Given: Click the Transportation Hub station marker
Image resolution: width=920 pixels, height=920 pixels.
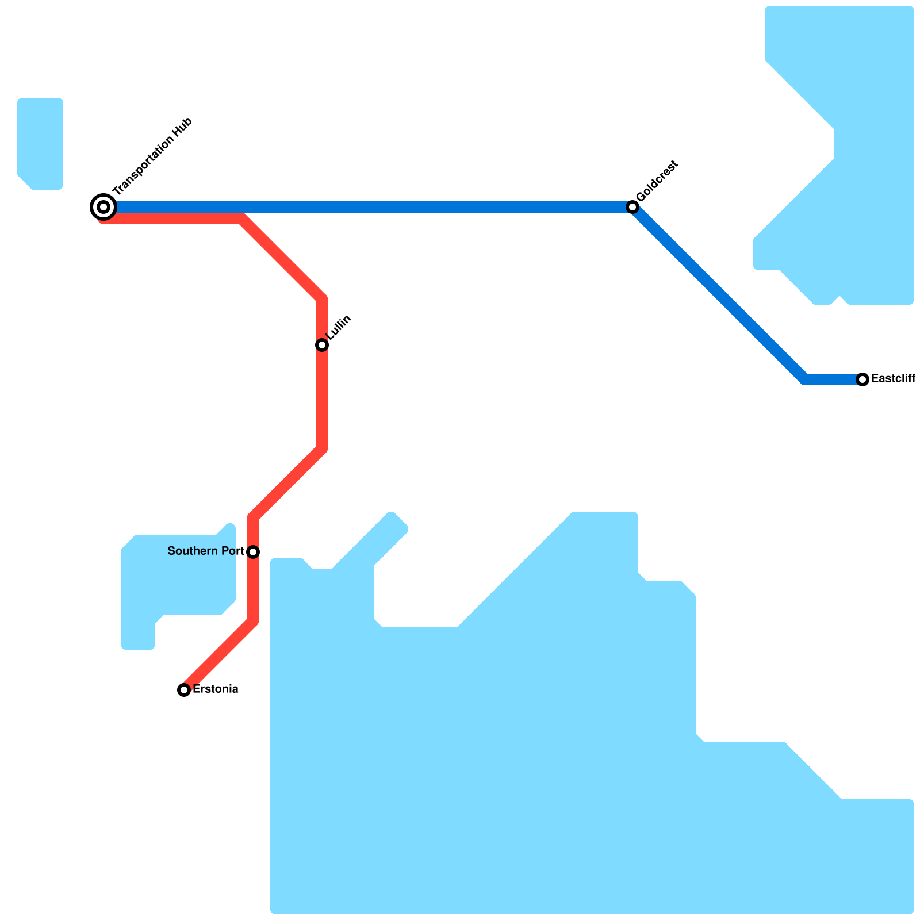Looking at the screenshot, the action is click(103, 207).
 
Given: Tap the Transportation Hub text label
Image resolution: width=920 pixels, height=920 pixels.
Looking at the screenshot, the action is click(152, 156).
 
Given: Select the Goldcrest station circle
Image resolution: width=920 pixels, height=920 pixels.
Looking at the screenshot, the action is click(632, 207).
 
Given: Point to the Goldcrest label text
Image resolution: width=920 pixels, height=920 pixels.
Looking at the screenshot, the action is click(658, 181).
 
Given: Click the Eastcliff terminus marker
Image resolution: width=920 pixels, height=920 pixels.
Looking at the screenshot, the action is click(862, 379).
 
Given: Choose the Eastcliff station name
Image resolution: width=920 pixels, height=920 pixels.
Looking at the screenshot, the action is click(893, 379).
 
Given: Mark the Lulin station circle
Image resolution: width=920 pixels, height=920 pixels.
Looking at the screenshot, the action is click(322, 345).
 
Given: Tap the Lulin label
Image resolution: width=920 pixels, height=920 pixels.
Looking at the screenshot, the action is click(339, 328).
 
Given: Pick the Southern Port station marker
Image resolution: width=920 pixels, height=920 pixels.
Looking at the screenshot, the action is click(253, 552).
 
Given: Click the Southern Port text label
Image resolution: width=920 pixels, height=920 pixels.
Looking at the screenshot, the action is click(206, 551).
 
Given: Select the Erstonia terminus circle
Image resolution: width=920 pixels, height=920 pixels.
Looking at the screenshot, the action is click(184, 689).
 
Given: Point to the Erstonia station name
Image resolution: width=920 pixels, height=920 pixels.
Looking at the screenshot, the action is click(215, 689).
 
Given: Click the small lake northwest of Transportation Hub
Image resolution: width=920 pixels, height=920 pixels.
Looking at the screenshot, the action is click(40, 144).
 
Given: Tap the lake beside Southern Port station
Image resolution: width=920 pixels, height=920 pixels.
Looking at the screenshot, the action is click(178, 575).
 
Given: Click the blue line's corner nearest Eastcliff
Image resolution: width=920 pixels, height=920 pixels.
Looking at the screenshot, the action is click(805, 379).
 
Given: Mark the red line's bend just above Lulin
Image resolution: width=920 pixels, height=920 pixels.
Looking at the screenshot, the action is click(322, 299).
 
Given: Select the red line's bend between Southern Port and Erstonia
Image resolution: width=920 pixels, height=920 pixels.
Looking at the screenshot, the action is click(253, 621).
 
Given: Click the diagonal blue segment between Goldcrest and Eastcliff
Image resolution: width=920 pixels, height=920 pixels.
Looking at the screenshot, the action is click(719, 293).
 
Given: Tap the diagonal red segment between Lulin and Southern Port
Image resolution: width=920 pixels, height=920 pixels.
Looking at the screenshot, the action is click(287, 483).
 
